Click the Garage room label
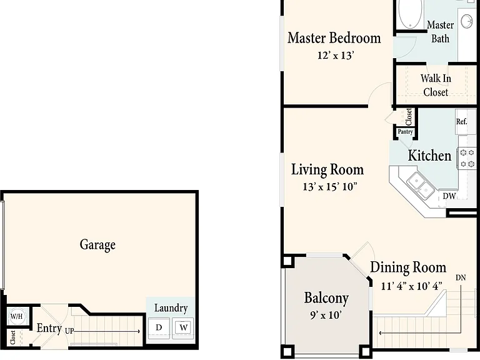(x=97, y=245)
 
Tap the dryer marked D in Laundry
(x=159, y=328)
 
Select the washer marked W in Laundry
(x=183, y=328)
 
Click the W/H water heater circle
(x=16, y=316)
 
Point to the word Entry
(x=49, y=328)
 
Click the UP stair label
(x=69, y=331)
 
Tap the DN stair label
(x=461, y=277)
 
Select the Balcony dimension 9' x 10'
(x=326, y=315)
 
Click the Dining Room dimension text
(x=412, y=286)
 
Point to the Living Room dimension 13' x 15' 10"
(x=330, y=187)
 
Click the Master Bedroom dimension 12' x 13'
(x=336, y=56)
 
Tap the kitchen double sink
(x=421, y=185)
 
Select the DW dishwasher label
(x=449, y=196)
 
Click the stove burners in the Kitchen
(x=467, y=158)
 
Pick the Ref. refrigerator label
(x=462, y=121)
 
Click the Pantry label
(x=405, y=132)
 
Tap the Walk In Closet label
(x=436, y=85)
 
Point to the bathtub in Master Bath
(x=410, y=14)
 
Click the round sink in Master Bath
(x=467, y=21)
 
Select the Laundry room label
(x=171, y=308)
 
